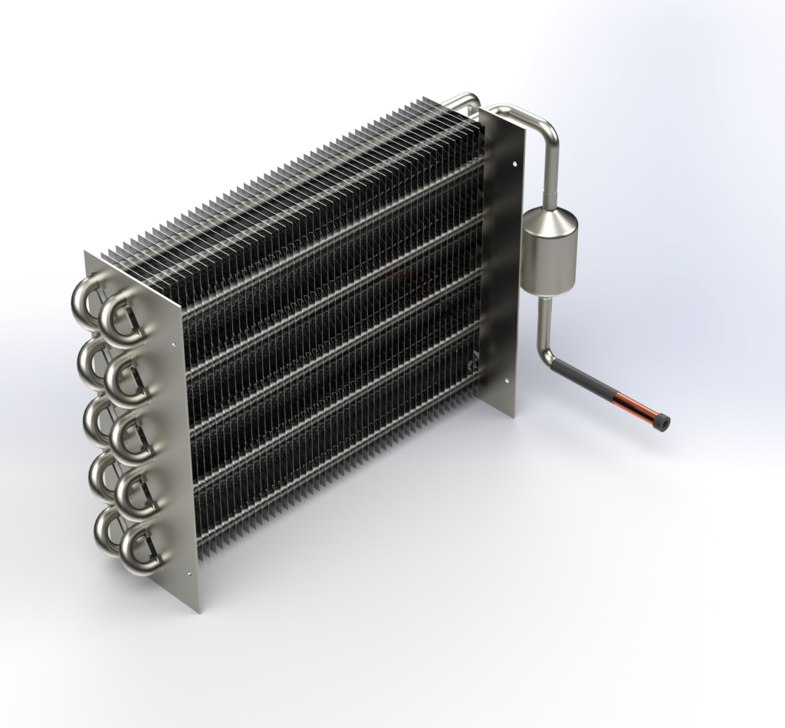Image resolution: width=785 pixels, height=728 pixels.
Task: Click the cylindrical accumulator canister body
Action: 547,264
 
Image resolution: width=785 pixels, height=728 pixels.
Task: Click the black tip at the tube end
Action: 662,421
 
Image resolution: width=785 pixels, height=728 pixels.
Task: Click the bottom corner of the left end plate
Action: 199,610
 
